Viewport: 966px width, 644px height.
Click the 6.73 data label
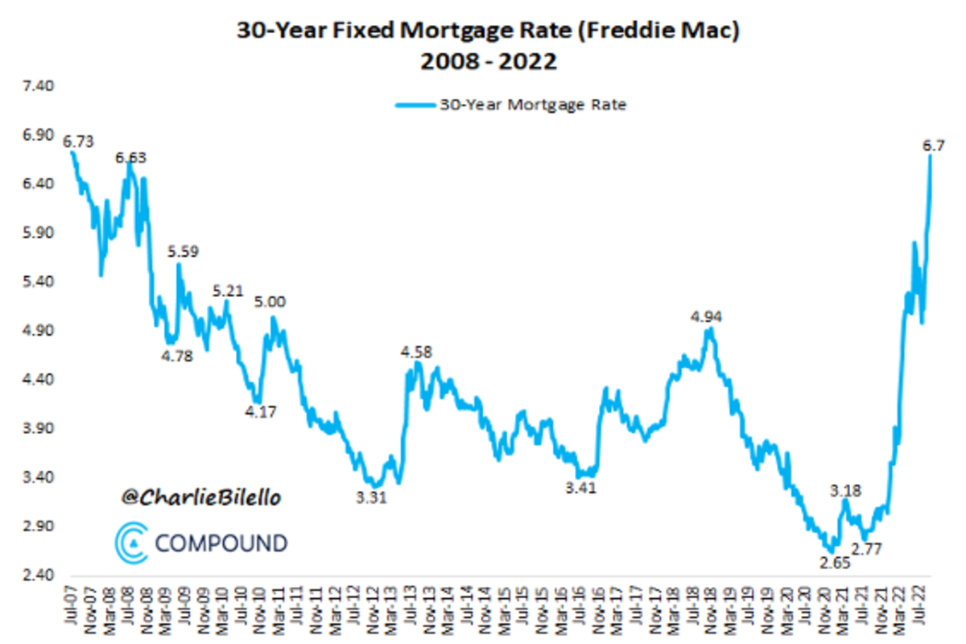(x=78, y=142)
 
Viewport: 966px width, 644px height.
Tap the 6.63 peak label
(x=130, y=158)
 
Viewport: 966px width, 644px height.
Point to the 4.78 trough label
(x=176, y=357)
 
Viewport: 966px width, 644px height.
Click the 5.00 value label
(x=270, y=302)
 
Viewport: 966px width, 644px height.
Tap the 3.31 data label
(x=371, y=497)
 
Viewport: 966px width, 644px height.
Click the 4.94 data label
(x=706, y=316)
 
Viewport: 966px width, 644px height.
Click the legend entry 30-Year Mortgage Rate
(x=510, y=105)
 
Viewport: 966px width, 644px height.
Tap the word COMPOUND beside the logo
(x=220, y=543)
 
